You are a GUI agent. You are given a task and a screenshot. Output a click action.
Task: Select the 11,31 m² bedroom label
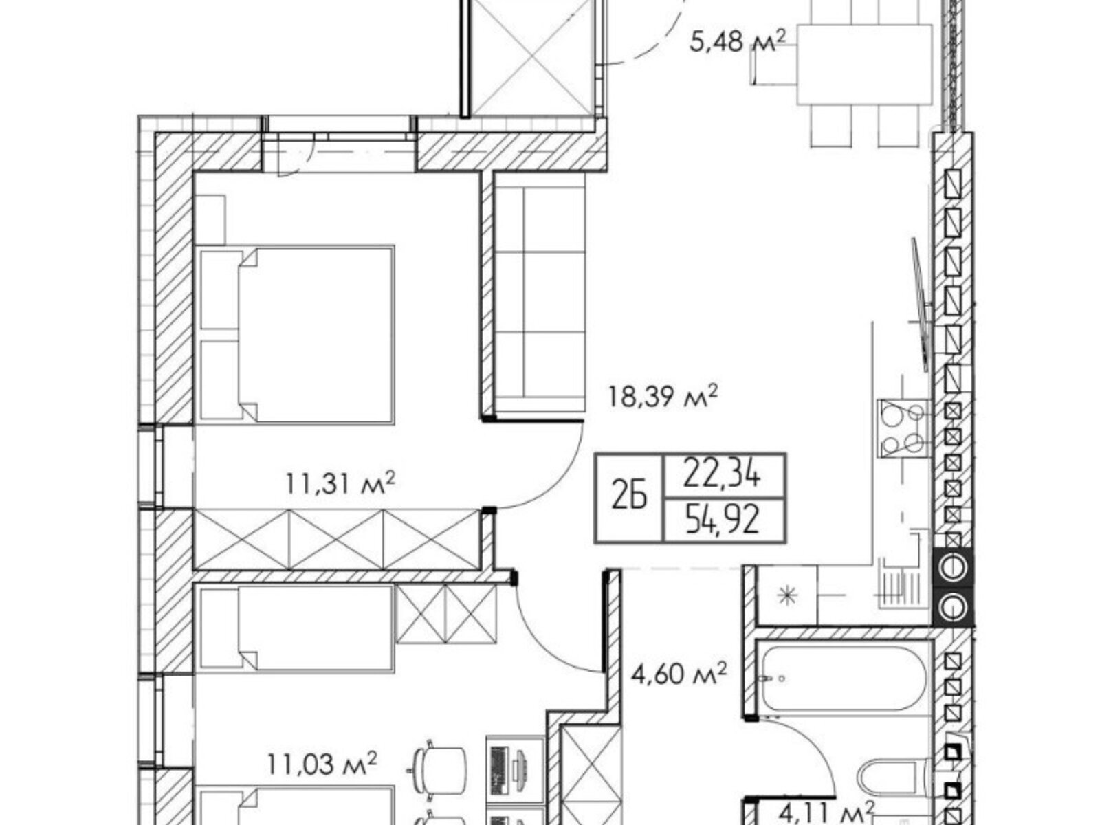340,483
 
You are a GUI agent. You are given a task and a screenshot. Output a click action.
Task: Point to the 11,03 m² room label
322,765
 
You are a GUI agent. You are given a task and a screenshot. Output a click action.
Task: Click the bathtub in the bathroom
844,679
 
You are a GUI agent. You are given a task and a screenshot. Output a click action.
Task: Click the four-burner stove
903,428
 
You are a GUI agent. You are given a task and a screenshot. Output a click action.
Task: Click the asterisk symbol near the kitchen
787,595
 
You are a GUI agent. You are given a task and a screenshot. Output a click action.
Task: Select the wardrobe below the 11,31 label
335,539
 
